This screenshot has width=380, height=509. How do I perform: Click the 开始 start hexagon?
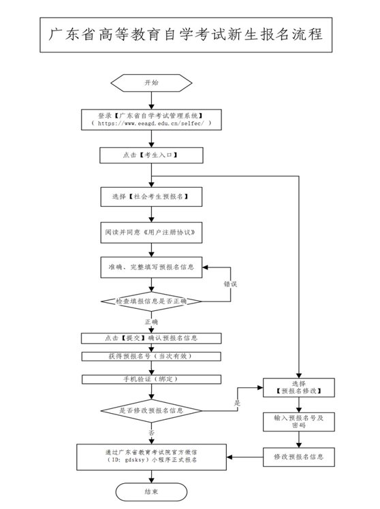(x=151, y=83)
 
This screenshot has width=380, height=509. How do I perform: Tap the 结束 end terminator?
(x=151, y=492)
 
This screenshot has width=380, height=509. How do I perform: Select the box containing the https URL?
(x=151, y=120)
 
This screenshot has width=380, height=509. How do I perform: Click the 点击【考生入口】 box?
(x=151, y=155)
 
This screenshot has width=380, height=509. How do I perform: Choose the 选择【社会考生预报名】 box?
(x=151, y=197)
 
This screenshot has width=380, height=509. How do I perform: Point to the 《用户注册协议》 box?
(x=151, y=233)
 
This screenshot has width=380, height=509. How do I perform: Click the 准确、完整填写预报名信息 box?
(x=151, y=267)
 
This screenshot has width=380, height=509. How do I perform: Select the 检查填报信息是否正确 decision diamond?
(x=151, y=301)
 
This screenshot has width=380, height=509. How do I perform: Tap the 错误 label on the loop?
(x=230, y=284)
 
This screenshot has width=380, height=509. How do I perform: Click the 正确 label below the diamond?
(x=151, y=322)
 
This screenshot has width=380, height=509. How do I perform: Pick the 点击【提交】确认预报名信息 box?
(x=151, y=338)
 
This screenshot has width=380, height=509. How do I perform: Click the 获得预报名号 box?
(x=151, y=357)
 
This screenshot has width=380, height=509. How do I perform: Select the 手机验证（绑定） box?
(x=151, y=379)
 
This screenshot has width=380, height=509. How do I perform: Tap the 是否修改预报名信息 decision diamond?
(x=151, y=410)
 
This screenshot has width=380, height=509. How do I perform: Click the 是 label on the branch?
(x=238, y=403)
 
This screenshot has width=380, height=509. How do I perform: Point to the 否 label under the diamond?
(x=151, y=433)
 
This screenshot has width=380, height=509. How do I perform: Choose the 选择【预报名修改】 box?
(x=299, y=388)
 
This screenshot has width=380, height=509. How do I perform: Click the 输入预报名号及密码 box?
(x=299, y=422)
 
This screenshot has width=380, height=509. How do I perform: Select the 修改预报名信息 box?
(x=299, y=457)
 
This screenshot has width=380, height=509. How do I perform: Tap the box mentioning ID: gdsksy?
(x=151, y=457)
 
